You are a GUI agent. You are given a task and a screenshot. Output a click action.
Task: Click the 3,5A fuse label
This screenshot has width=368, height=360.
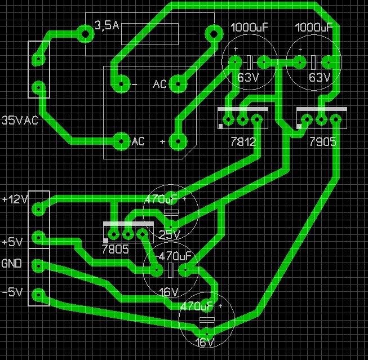pyautogui.click(x=107, y=26)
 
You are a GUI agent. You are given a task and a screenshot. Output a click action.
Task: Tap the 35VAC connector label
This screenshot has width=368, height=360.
pyautogui.click(x=20, y=120)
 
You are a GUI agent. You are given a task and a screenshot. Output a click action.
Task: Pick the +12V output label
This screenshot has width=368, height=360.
pyautogui.click(x=14, y=199)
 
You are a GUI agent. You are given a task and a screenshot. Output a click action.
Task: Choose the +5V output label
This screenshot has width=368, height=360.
pyautogui.click(x=12, y=242)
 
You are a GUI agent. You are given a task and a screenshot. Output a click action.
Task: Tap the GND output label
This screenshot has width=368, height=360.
pyautogui.click(x=12, y=263)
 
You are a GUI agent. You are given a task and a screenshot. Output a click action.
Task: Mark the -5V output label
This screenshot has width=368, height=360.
pyautogui.click(x=12, y=292)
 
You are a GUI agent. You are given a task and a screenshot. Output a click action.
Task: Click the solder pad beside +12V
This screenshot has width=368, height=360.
pyautogui.click(x=38, y=209)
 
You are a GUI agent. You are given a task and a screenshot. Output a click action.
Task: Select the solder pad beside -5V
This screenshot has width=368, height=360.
pyautogui.click(x=38, y=294)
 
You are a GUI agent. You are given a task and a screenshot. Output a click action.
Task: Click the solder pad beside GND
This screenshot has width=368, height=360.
pyautogui.click(x=38, y=265)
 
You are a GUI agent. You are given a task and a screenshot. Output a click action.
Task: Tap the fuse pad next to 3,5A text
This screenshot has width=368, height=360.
pyautogui.click(x=85, y=34)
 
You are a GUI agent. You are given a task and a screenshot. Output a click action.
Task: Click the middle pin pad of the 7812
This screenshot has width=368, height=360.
pyautogui.click(x=242, y=120)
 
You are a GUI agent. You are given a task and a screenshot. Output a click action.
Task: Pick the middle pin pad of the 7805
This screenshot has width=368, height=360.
pyautogui.click(x=128, y=235)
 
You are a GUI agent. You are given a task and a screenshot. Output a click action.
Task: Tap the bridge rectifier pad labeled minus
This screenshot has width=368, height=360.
pyautogui.click(x=119, y=85)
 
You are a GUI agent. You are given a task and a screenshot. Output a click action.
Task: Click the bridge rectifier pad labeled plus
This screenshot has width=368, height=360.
pyautogui.click(x=178, y=141)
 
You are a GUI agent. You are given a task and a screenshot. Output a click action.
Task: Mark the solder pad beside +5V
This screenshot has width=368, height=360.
pyautogui.click(x=38, y=237)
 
